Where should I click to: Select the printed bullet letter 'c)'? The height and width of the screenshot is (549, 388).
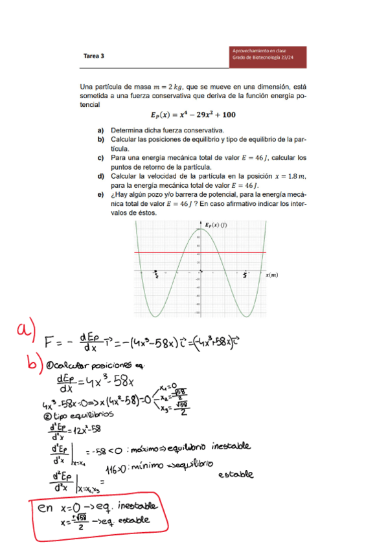pyautogui.click(x=101, y=157)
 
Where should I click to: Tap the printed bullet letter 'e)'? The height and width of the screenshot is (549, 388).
pyautogui.click(x=101, y=194)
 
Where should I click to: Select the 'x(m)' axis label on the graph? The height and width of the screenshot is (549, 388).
pyautogui.click(x=272, y=274)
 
